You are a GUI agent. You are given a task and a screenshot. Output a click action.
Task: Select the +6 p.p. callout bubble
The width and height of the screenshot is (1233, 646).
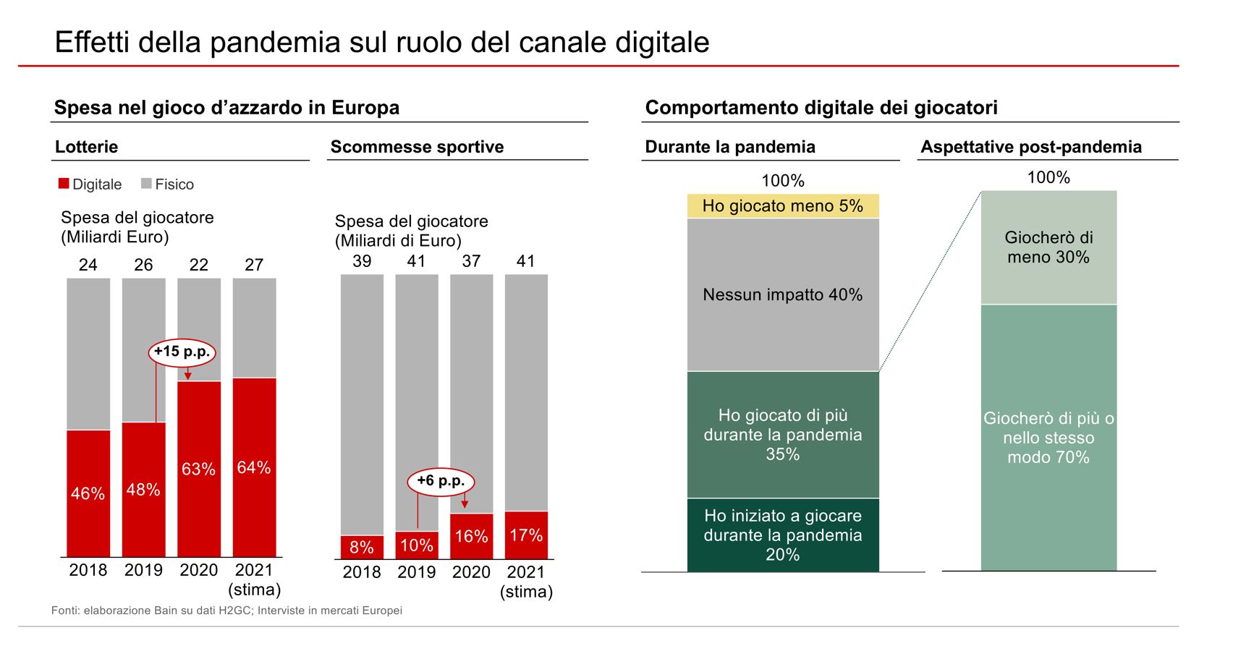pyautogui.click(x=441, y=481)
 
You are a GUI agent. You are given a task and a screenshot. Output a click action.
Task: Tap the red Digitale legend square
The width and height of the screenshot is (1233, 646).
pyautogui.click(x=64, y=184)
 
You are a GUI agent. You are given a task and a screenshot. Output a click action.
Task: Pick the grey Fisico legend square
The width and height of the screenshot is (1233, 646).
pyautogui.click(x=146, y=184)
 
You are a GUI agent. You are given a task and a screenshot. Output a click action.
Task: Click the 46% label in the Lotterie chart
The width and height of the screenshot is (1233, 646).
pyautogui.click(x=88, y=493)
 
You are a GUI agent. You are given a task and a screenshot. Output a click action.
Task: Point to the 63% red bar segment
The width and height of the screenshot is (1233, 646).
pyautogui.click(x=199, y=469)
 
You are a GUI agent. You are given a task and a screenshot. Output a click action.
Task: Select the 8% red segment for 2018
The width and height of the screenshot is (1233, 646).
pyautogui.click(x=362, y=547)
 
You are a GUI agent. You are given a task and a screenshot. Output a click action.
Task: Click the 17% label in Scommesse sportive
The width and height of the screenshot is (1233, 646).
pyautogui.click(x=526, y=535)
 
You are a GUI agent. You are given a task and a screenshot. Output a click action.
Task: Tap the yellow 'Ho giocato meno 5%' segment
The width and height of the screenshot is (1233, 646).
pyautogui.click(x=782, y=206)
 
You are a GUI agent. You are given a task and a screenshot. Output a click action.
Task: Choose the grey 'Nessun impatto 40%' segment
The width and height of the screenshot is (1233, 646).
pyautogui.click(x=782, y=294)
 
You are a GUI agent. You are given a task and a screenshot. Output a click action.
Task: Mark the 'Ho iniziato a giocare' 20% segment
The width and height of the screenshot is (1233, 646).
pyautogui.click(x=782, y=535)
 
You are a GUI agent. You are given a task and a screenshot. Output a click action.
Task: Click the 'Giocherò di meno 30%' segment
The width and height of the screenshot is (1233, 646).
pyautogui.click(x=1048, y=247)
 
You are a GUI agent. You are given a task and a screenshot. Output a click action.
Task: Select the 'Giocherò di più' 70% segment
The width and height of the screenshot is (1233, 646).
pyautogui.click(x=1048, y=438)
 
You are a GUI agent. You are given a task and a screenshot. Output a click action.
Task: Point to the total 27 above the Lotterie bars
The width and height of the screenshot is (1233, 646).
pyautogui.click(x=254, y=265)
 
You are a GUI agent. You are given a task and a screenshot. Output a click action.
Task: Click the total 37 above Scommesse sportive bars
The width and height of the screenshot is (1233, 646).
pyautogui.click(x=471, y=261)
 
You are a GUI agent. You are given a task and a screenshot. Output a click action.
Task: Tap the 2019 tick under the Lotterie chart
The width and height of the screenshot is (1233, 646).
pyautogui.click(x=143, y=570)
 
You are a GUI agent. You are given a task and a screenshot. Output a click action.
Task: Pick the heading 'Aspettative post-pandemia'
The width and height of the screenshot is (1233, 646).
pyautogui.click(x=1030, y=147)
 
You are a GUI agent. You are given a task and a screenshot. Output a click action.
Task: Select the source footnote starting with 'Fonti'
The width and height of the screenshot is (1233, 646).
pyautogui.click(x=226, y=611)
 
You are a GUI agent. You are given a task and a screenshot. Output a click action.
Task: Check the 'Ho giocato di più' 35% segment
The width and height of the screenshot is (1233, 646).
pyautogui.click(x=782, y=435)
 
